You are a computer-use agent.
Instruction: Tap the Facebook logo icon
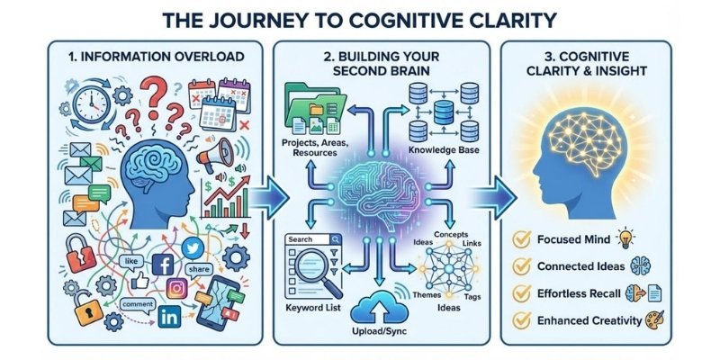(164, 265)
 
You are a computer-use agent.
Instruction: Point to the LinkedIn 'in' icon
(167, 318)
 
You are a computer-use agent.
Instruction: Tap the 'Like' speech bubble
(132, 260)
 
